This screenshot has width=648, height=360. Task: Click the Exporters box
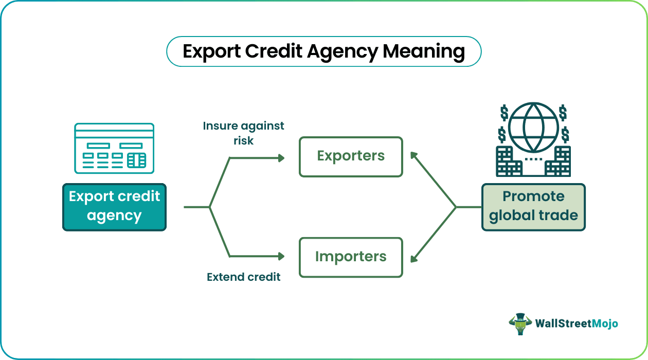351,156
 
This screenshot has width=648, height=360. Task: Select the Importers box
351,257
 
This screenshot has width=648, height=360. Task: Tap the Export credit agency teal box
114,207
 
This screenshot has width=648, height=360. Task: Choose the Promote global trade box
533,207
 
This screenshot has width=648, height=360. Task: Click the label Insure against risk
243,133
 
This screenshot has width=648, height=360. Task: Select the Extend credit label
243,277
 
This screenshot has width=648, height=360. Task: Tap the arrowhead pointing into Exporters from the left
281,158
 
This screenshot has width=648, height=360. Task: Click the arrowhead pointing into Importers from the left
281,256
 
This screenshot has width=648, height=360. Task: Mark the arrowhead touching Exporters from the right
413,155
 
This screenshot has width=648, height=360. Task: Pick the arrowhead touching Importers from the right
413,258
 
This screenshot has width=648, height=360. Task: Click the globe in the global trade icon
533,128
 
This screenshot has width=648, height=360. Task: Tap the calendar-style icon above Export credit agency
114,148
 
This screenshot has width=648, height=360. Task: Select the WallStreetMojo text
576,323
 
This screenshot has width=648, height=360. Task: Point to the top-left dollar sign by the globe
505,112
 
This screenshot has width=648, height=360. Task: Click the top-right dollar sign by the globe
563,112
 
